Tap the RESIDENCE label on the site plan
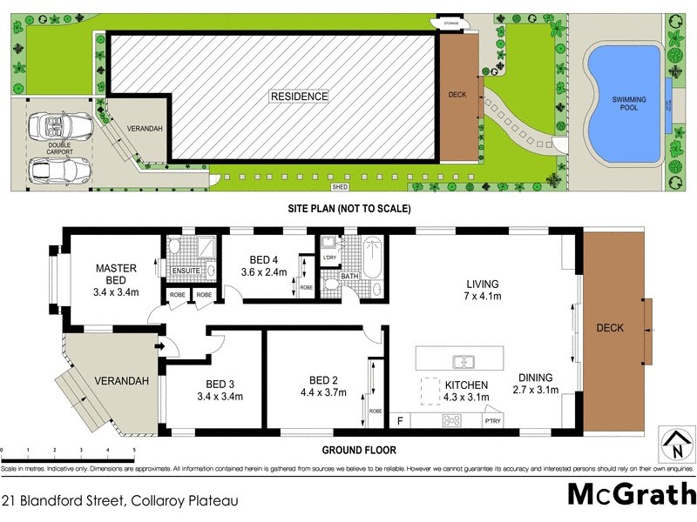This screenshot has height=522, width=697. (x=299, y=97)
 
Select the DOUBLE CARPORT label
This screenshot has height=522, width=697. (x=60, y=148)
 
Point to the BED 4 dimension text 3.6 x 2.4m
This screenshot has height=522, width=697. (x=263, y=271)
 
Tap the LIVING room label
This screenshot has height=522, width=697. (x=482, y=284)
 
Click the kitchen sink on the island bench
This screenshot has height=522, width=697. (x=464, y=360)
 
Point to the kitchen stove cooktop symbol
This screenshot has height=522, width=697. (x=452, y=421)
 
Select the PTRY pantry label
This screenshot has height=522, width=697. (x=492, y=422)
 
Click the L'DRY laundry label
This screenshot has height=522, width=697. (x=329, y=258)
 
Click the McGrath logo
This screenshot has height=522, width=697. (x=631, y=494)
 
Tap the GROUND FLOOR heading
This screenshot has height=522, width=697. (x=359, y=450)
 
